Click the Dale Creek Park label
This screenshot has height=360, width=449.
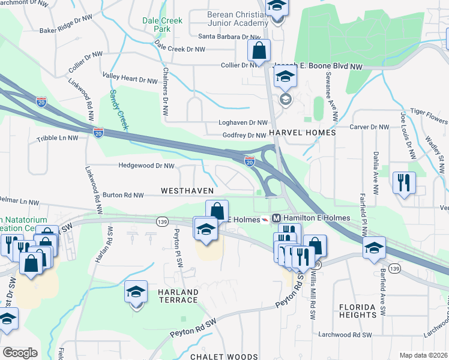pos(162,25)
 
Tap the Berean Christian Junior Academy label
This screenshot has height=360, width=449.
pos(238,19)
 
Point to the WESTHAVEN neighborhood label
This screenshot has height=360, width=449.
pos(187,190)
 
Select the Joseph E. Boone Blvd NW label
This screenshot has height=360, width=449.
pos(319,67)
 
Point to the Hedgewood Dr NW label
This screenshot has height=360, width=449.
pos(146,166)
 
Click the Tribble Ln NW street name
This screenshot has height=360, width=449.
pos(58,138)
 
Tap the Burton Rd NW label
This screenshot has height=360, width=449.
pos(123,195)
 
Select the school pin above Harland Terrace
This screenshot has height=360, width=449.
pos(136,293)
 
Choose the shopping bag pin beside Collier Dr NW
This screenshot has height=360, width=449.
pos(259,51)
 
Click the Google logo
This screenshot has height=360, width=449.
pos(20,353)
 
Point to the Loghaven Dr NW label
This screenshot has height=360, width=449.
pos(245,122)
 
